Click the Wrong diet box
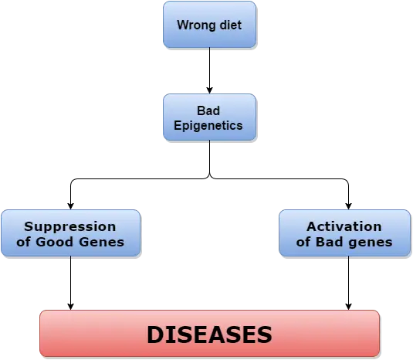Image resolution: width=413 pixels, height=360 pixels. coord(210,25)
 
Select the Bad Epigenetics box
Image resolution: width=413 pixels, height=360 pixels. coord(210,117)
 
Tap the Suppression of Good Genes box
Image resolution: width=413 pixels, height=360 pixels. coord(70,233)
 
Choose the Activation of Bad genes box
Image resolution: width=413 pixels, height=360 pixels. coord(345,233)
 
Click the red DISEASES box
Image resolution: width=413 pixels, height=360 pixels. coord(210,334)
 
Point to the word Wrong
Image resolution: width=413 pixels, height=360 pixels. coord(197,25)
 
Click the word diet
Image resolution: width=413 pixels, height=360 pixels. coord(231,25)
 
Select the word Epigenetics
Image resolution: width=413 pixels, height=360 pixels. coord(208,126)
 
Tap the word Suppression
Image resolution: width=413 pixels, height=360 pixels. coord(70,227)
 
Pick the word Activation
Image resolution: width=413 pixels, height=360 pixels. coord(344,226)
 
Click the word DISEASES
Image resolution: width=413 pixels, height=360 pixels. coord(209,335)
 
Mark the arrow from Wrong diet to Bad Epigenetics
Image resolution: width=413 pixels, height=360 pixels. coord(210,70)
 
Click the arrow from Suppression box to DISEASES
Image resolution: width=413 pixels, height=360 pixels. coord(70,283)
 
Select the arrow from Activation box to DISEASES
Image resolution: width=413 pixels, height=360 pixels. coord(348,283)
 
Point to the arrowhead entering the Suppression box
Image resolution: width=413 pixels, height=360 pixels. coord(70,206)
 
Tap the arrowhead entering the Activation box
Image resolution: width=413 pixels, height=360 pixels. coord(348,206)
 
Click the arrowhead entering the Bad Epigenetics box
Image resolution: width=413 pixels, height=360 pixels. coord(210,90)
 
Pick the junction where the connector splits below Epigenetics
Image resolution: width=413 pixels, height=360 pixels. coord(210,177)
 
